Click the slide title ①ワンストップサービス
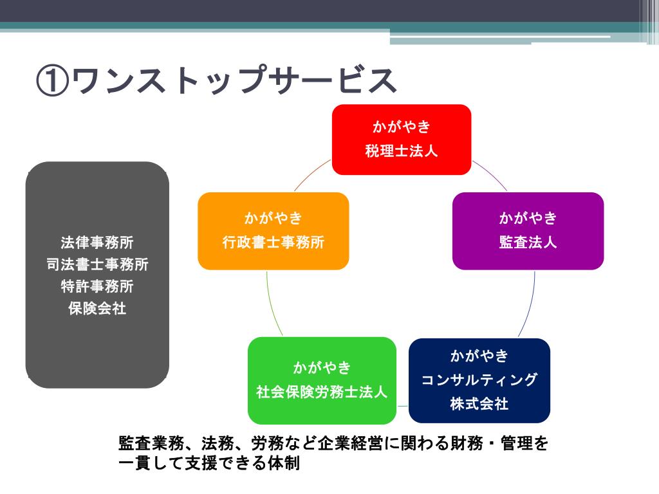[x=216, y=80]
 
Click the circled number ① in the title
[x=53, y=81]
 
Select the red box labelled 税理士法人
[x=402, y=139]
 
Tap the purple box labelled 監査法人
[x=528, y=230]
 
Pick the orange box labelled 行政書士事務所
[x=273, y=230]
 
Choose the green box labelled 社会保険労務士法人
[x=322, y=380]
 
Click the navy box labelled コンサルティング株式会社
[x=479, y=380]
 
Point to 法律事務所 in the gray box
[x=97, y=242]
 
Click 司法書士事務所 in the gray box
[x=97, y=264]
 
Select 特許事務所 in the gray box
[x=97, y=286]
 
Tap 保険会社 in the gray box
[x=97, y=308]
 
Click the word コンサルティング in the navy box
[x=479, y=380]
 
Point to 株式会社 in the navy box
[x=479, y=404]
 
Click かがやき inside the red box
[x=402, y=126]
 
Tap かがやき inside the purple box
[x=528, y=218]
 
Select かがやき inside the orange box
[x=273, y=218]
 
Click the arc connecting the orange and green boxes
[x=272, y=306]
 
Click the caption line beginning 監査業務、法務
[x=333, y=444]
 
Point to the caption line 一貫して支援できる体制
[x=210, y=463]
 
